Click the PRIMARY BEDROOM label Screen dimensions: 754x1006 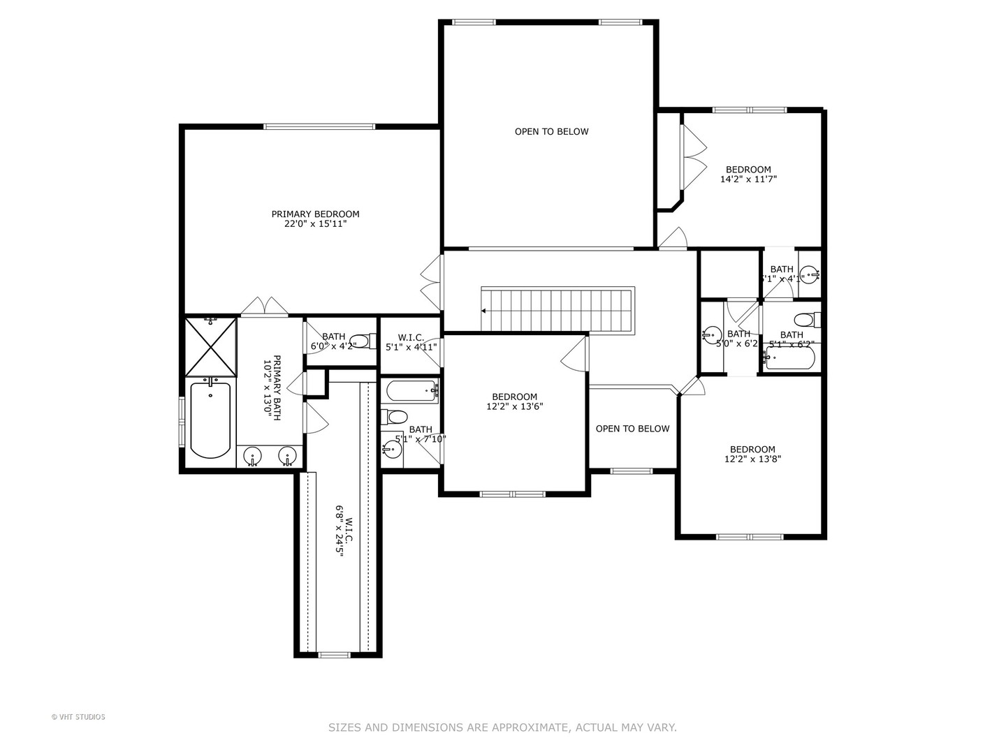315,214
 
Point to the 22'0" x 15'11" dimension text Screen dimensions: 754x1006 315,224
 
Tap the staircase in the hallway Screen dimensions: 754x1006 557,310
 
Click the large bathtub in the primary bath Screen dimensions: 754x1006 210,419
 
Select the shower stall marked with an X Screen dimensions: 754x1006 210,347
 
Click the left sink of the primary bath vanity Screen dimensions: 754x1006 252,457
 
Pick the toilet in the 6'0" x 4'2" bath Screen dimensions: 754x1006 363,341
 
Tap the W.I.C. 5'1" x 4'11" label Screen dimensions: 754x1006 411,342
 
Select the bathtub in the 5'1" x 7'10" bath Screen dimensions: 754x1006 410,390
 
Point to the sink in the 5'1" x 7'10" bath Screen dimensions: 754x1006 392,448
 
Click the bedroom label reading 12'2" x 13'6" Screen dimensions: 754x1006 514,401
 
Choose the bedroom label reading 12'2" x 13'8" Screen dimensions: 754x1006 752,454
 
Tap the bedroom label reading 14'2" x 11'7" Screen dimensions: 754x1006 748,174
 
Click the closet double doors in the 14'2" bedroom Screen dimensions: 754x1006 693,157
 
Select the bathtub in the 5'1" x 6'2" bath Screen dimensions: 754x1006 790,357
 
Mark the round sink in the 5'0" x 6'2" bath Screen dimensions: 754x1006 712,334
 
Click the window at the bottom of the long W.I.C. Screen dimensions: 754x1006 334,655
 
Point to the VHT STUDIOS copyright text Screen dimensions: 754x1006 78,717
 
